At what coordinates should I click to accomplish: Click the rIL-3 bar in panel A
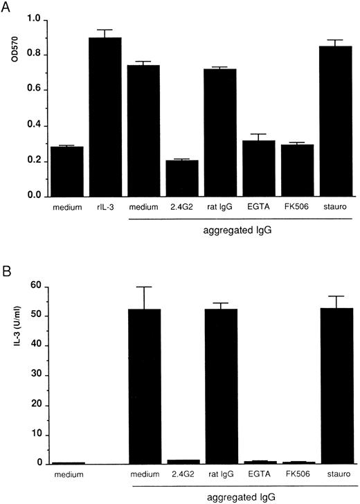(x=107, y=117)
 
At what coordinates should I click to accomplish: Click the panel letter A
(x=6, y=6)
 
